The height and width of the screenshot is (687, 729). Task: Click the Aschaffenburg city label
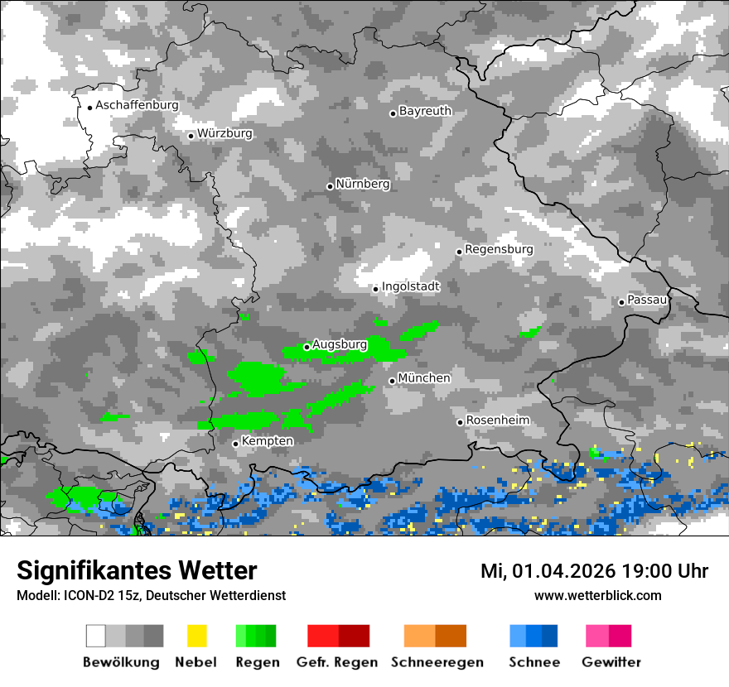pos(137,106)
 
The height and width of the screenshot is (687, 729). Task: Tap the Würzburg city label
pos(224,133)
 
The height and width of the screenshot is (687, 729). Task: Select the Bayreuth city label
pos(425,111)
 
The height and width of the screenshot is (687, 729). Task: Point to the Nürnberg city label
pos(363,184)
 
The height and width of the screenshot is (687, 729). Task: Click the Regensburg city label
pos(499,249)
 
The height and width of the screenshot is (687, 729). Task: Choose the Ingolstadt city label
pos(411,286)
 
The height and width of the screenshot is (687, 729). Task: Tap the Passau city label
pos(647,300)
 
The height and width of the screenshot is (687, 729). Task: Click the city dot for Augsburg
pos(307,347)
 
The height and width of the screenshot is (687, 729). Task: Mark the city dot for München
pos(392,381)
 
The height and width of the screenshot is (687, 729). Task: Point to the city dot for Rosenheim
pos(460,422)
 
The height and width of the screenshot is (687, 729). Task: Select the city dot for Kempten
pos(235,444)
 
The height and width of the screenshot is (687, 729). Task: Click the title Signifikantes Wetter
pos(137,570)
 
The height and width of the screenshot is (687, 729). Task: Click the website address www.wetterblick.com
pos(597,596)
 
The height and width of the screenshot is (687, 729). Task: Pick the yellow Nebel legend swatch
pos(196,636)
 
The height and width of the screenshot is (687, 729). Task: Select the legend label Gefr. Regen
pos(337,662)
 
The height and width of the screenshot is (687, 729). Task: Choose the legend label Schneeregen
pos(437,662)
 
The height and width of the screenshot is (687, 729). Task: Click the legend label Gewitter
pos(611,662)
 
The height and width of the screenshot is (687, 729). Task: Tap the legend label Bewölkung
pos(121,662)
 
